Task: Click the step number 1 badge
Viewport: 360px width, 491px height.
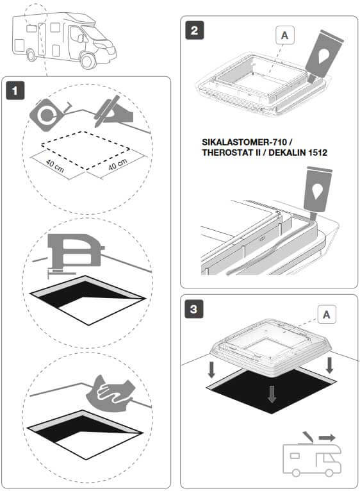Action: pyautogui.click(x=15, y=91)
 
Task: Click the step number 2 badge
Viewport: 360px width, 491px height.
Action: pyautogui.click(x=194, y=30)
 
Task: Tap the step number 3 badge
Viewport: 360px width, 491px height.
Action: pyautogui.click(x=194, y=309)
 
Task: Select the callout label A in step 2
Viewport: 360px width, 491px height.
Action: pyautogui.click(x=284, y=35)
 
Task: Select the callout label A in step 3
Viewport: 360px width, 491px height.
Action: pyautogui.click(x=327, y=314)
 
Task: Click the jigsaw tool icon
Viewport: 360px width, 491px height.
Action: pyautogui.click(x=74, y=253)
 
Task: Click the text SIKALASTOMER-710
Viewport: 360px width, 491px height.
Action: pyautogui.click(x=244, y=142)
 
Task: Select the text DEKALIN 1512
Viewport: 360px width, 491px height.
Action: pyautogui.click(x=298, y=153)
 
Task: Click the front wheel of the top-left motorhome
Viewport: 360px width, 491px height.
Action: pyautogui.click(x=88, y=61)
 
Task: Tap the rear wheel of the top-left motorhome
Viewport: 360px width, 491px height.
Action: pyautogui.click(x=31, y=55)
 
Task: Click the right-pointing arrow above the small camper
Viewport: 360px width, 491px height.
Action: pyautogui.click(x=327, y=437)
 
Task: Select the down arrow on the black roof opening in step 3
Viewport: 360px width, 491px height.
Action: pyautogui.click(x=272, y=394)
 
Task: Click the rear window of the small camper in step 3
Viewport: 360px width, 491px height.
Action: pyautogui.click(x=295, y=456)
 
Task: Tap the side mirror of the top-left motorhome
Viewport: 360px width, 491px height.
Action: pyautogui.click(x=81, y=38)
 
